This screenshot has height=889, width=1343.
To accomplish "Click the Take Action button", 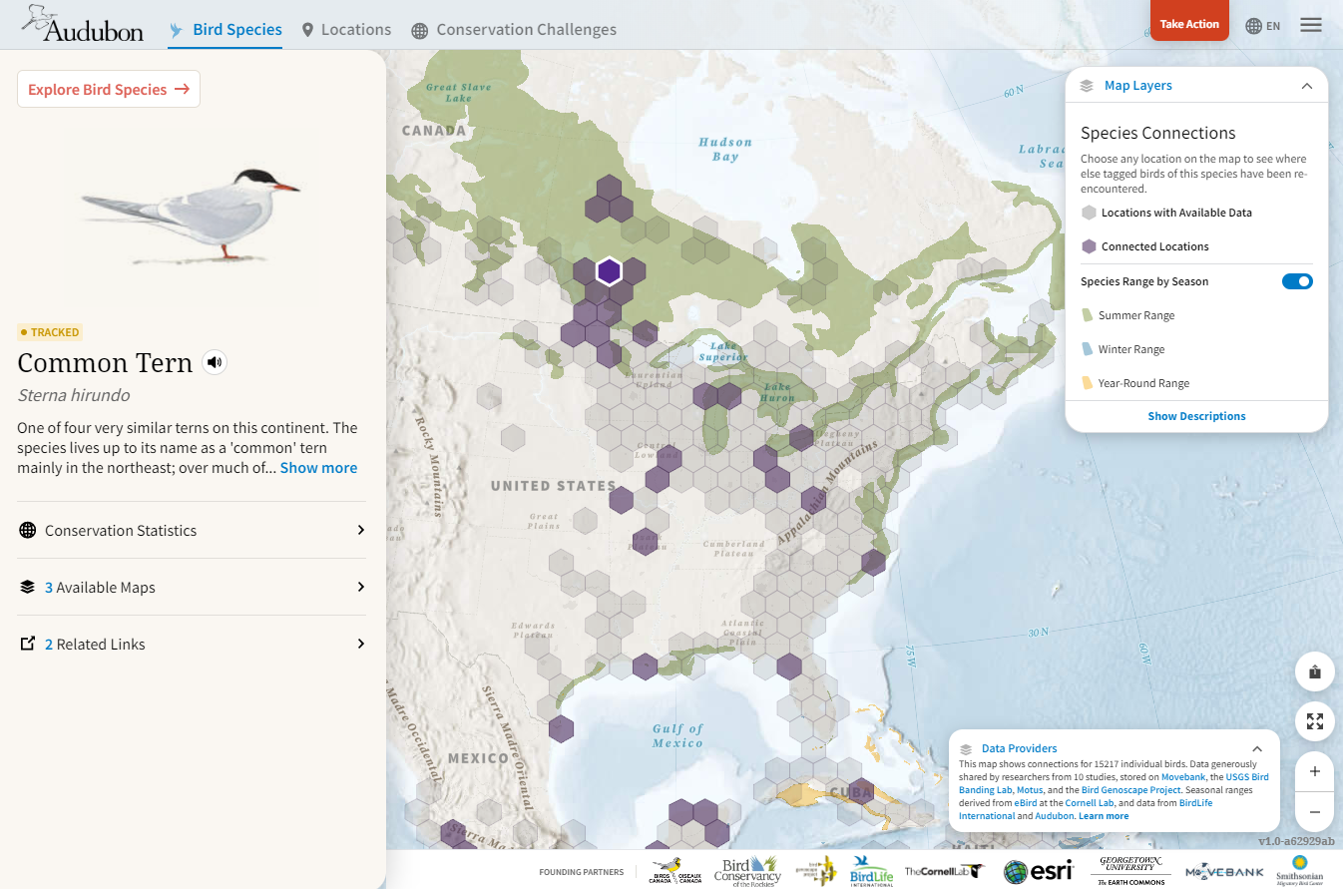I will (x=1189, y=24).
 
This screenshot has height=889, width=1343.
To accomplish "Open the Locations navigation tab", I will (x=346, y=30).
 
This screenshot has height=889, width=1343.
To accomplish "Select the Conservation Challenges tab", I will (x=514, y=30).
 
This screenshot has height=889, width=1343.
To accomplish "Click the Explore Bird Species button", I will (x=109, y=89).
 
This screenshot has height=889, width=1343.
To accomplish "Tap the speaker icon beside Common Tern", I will (x=215, y=362).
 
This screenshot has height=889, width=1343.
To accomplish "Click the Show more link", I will (x=318, y=468).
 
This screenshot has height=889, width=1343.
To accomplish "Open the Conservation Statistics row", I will (x=192, y=530).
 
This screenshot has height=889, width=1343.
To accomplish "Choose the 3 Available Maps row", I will (x=192, y=587).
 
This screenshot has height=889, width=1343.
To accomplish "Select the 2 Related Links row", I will (x=192, y=644).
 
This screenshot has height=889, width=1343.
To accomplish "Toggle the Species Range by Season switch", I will (x=1297, y=281).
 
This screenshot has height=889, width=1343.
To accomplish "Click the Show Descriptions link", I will (x=1196, y=416).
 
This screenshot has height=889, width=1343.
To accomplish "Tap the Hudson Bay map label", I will (x=725, y=150).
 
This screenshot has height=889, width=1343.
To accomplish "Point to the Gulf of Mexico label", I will (x=678, y=735).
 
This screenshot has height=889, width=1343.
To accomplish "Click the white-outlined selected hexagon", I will (x=609, y=270).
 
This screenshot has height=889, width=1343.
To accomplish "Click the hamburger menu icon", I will (x=1311, y=25).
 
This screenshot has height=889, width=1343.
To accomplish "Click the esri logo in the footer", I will (x=1038, y=871).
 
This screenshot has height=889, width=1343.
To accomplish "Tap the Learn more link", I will (x=1104, y=816).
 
